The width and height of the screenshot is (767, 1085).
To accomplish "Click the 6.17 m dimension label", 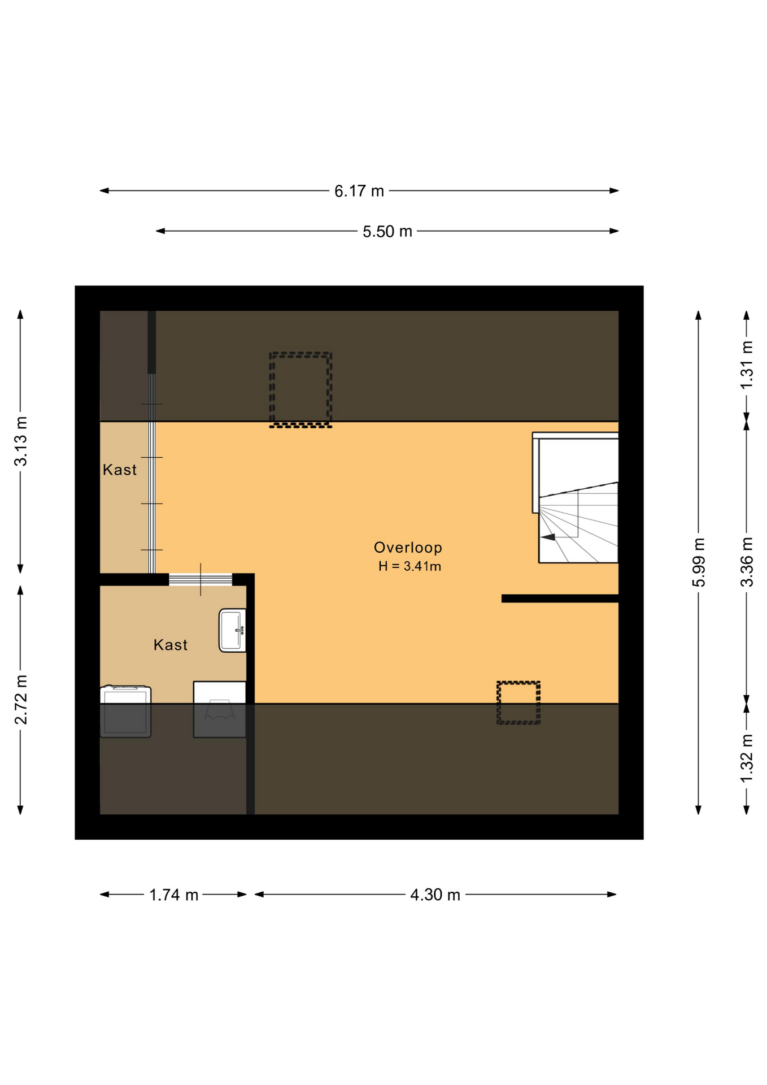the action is [359, 191].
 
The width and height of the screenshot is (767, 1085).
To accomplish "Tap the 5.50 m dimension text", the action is [387, 232].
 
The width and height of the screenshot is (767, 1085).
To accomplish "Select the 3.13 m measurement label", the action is [21, 441].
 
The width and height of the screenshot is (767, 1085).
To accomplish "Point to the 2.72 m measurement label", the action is [21, 699].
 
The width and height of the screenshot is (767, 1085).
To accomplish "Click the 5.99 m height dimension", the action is [699, 562].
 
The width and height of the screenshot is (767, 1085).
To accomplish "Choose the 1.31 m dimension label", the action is [747, 364].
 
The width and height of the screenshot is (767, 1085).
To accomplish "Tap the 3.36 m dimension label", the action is [747, 562].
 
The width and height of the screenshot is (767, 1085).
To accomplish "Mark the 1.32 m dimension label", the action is [747, 758].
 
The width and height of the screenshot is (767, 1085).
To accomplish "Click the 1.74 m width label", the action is [173, 895].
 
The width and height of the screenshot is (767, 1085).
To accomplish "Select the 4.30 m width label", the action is [435, 895].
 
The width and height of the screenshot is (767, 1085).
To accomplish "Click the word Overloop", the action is [408, 548].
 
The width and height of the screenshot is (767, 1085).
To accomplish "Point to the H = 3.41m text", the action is [409, 566].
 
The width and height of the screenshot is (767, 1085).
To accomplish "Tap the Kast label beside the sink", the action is [170, 645].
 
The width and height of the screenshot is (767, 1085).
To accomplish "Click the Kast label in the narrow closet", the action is [120, 470].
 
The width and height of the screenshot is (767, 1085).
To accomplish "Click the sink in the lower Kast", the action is [232, 630].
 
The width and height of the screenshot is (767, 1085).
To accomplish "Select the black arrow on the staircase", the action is [548, 537].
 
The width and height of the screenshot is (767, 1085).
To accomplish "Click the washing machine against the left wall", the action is [125, 711].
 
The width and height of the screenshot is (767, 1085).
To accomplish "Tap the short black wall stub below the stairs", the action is [560, 598].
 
